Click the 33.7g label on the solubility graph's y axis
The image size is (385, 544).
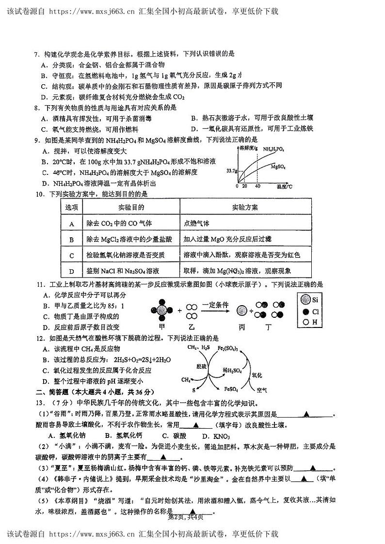point(231,171)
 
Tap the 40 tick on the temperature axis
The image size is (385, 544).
point(257,186)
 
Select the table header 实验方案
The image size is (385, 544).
point(245,207)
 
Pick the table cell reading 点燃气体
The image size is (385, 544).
point(197,223)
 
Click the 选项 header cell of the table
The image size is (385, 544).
point(72,207)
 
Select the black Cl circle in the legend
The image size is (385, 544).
point(305,311)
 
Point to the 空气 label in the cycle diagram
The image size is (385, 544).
point(262,389)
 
